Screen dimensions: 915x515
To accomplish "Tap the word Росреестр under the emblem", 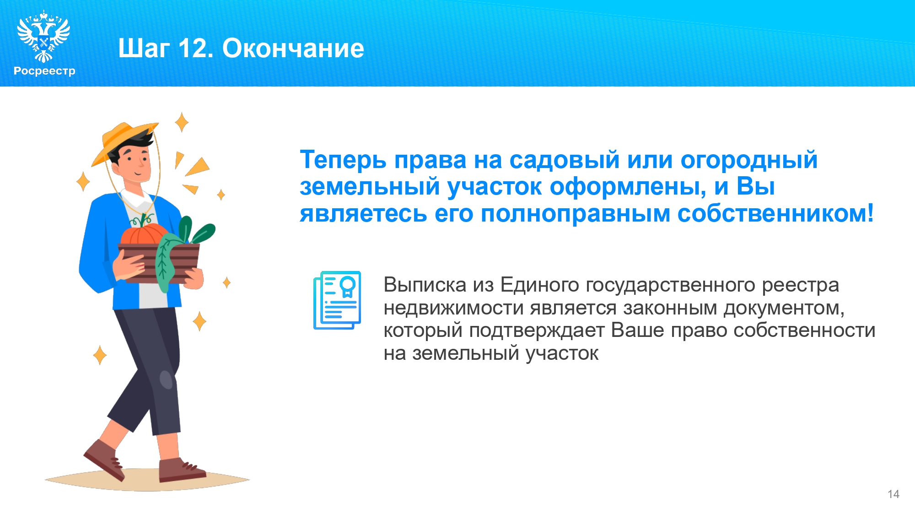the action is tap(44, 71).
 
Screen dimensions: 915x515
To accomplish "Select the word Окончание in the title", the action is tap(293, 48).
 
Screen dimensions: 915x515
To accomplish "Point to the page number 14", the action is tap(893, 494).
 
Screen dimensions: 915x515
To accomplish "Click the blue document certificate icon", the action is tap(337, 300).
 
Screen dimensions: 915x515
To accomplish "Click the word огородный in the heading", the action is tap(749, 160).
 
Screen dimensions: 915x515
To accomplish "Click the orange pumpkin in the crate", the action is tap(143, 234).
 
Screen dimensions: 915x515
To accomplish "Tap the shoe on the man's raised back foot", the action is tap(104, 460).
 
